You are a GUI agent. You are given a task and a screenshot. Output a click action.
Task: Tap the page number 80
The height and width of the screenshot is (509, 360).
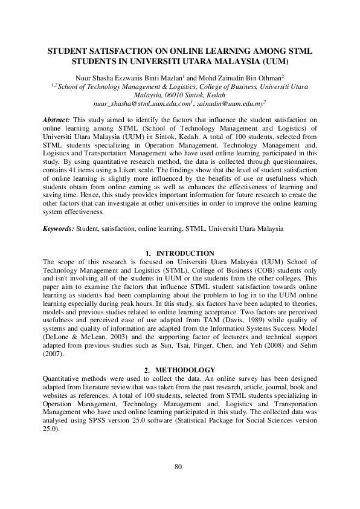[178, 466]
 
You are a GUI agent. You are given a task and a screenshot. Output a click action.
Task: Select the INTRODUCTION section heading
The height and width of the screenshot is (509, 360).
[185, 253]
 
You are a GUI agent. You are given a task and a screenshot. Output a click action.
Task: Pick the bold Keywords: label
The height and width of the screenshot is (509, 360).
[59, 229]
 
